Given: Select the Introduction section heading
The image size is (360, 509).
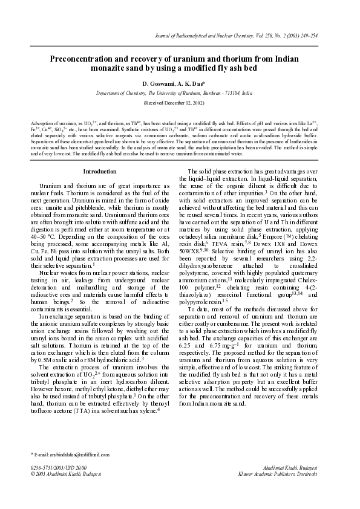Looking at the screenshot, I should tap(99, 172).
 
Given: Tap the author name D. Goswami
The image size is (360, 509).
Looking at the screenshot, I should tap(159, 83).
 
